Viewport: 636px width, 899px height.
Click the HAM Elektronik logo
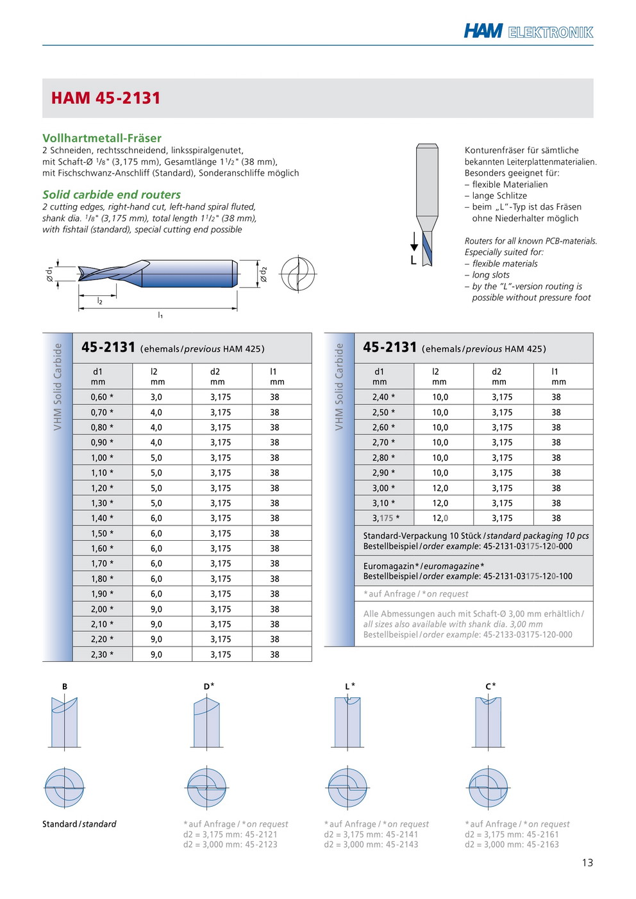(528, 31)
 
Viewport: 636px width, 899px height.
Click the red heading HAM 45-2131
(106, 98)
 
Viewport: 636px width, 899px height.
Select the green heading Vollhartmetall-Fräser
(102, 138)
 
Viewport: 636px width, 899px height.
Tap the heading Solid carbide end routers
(112, 194)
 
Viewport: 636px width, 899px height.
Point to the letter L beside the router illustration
(414, 260)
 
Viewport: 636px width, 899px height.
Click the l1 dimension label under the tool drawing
(160, 315)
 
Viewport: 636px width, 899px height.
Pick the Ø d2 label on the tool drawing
(263, 274)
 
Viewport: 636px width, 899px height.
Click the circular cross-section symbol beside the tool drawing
(298, 274)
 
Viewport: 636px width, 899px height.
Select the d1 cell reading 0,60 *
(102, 397)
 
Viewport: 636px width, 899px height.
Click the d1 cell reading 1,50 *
(102, 533)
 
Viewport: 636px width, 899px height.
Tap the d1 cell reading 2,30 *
(102, 654)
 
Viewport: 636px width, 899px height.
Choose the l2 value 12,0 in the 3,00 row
(440, 488)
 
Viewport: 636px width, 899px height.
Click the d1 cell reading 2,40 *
(383, 397)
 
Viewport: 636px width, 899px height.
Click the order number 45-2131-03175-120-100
(528, 576)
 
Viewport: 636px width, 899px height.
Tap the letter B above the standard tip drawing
(65, 686)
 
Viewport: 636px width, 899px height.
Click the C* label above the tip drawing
(490, 686)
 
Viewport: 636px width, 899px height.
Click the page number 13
(587, 862)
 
